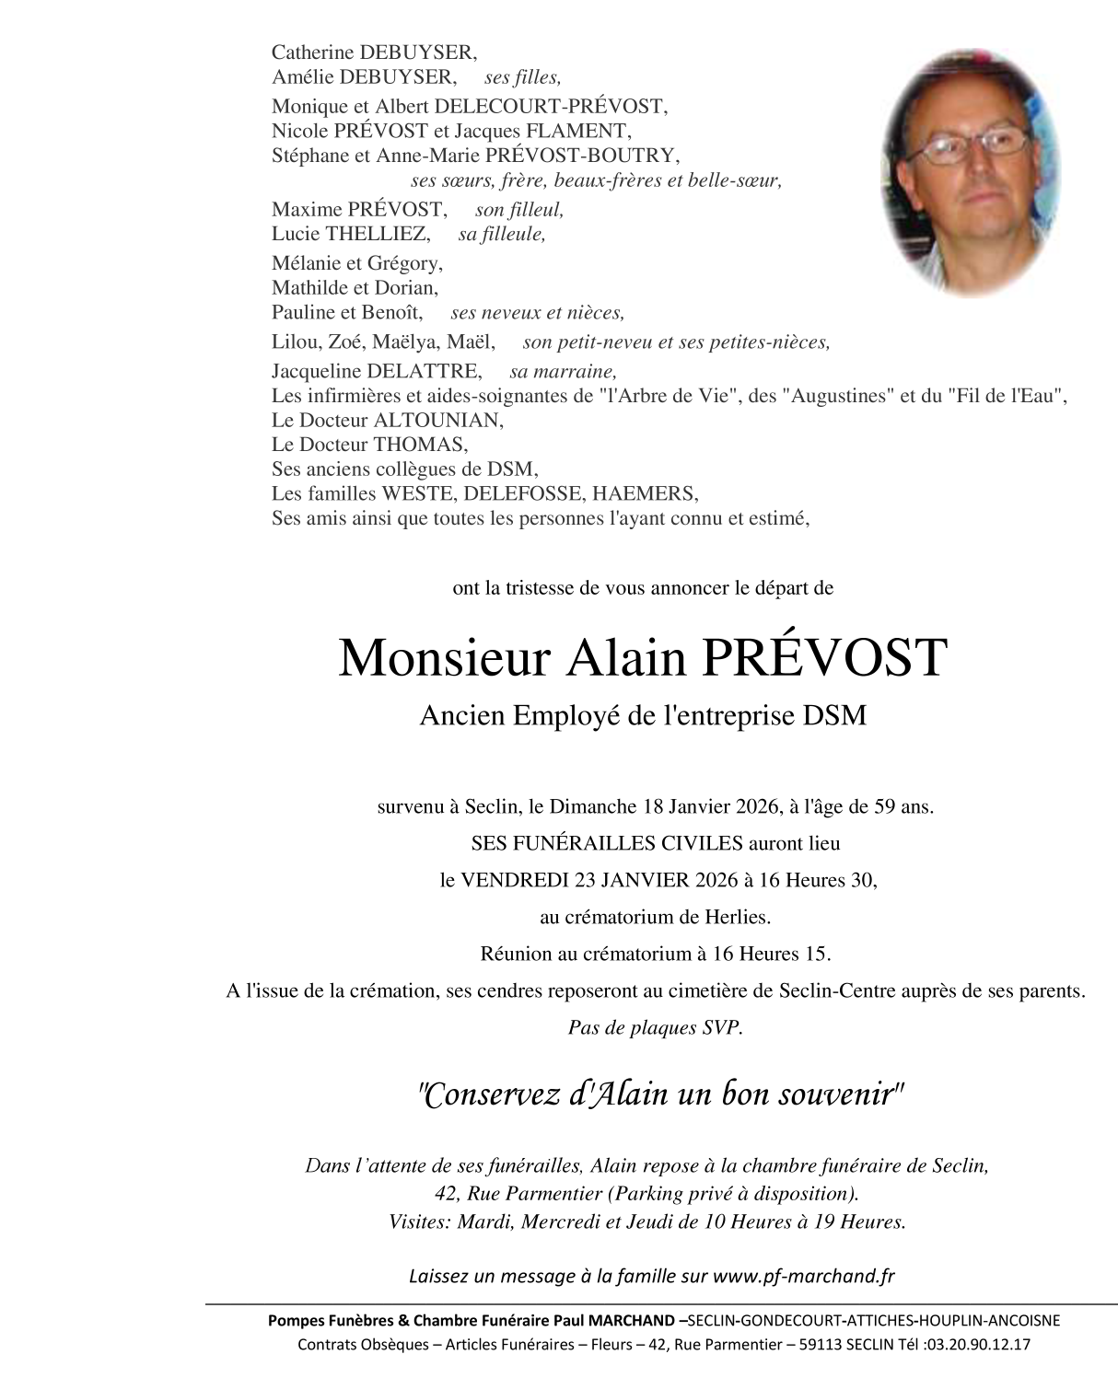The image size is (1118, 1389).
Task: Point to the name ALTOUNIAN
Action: click(437, 421)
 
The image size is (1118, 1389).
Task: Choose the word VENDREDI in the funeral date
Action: click(514, 880)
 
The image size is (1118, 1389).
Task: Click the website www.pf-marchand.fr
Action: click(804, 1276)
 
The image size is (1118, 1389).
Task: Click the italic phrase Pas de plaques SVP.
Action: click(656, 1028)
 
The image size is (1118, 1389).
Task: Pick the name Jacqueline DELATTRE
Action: click(377, 371)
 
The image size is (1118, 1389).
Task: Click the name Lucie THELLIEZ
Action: click(350, 234)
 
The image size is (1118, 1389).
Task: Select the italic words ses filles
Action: click(522, 77)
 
